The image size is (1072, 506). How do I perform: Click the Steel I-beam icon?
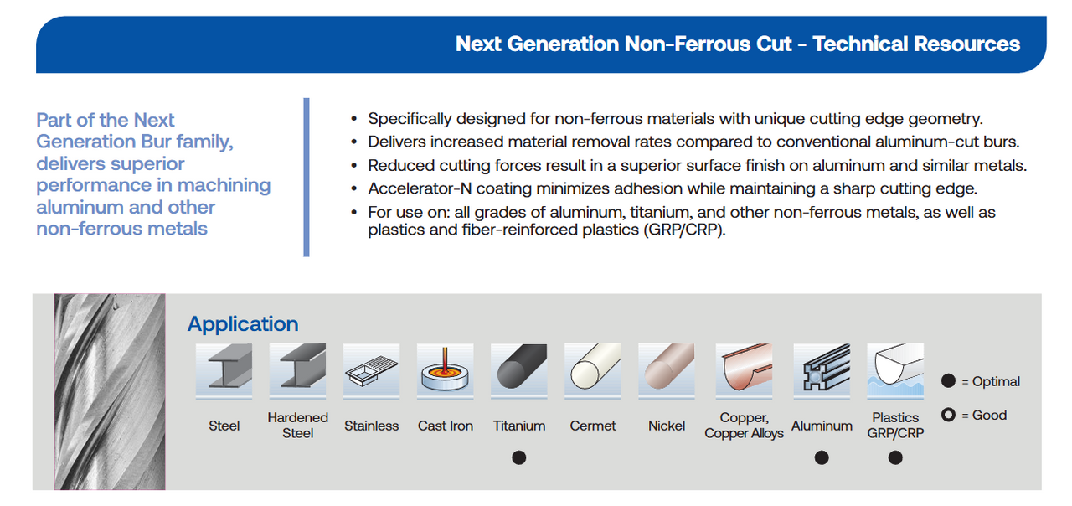224,370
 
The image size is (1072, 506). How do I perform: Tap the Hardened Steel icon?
297,370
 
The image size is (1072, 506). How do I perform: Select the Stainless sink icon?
371,370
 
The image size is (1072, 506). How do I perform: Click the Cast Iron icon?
445,370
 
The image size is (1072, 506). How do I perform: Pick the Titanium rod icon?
519,370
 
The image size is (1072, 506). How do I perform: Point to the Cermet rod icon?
593,370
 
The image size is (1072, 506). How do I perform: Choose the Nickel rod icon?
667,370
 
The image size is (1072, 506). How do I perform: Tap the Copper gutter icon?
744,370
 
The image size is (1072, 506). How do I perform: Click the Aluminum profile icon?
822,370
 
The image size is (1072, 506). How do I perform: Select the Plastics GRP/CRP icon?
895,370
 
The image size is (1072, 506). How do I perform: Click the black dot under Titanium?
519,457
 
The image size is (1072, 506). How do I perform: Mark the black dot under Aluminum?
822,457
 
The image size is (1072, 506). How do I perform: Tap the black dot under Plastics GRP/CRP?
895,457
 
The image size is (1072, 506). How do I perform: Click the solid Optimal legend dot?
948,381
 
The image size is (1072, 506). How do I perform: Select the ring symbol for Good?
948,415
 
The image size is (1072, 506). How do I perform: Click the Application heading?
243,324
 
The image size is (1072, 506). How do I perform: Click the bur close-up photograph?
110,391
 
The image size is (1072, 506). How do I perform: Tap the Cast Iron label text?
445,426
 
